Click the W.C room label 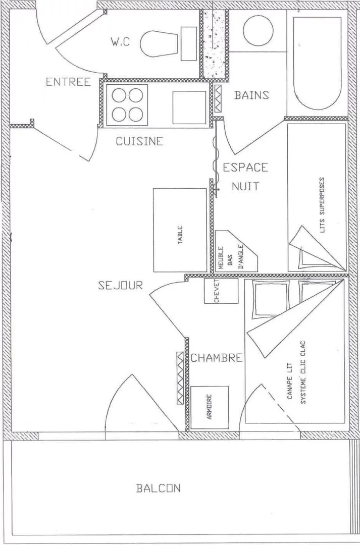pos(120,42)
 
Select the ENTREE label pos(69,82)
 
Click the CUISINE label pos(139,141)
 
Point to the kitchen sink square pos(189,107)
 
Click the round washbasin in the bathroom pos(258,31)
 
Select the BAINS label pos(251,95)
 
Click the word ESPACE pos(245,168)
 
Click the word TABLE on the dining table pos(180,235)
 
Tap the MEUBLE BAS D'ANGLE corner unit pos(236,251)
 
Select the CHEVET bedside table pos(221,291)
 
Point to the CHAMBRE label pos(216,358)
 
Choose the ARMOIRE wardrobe pos(210,407)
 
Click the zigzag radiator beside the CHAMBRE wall pos(180,378)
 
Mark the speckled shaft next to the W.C pos(214,43)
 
